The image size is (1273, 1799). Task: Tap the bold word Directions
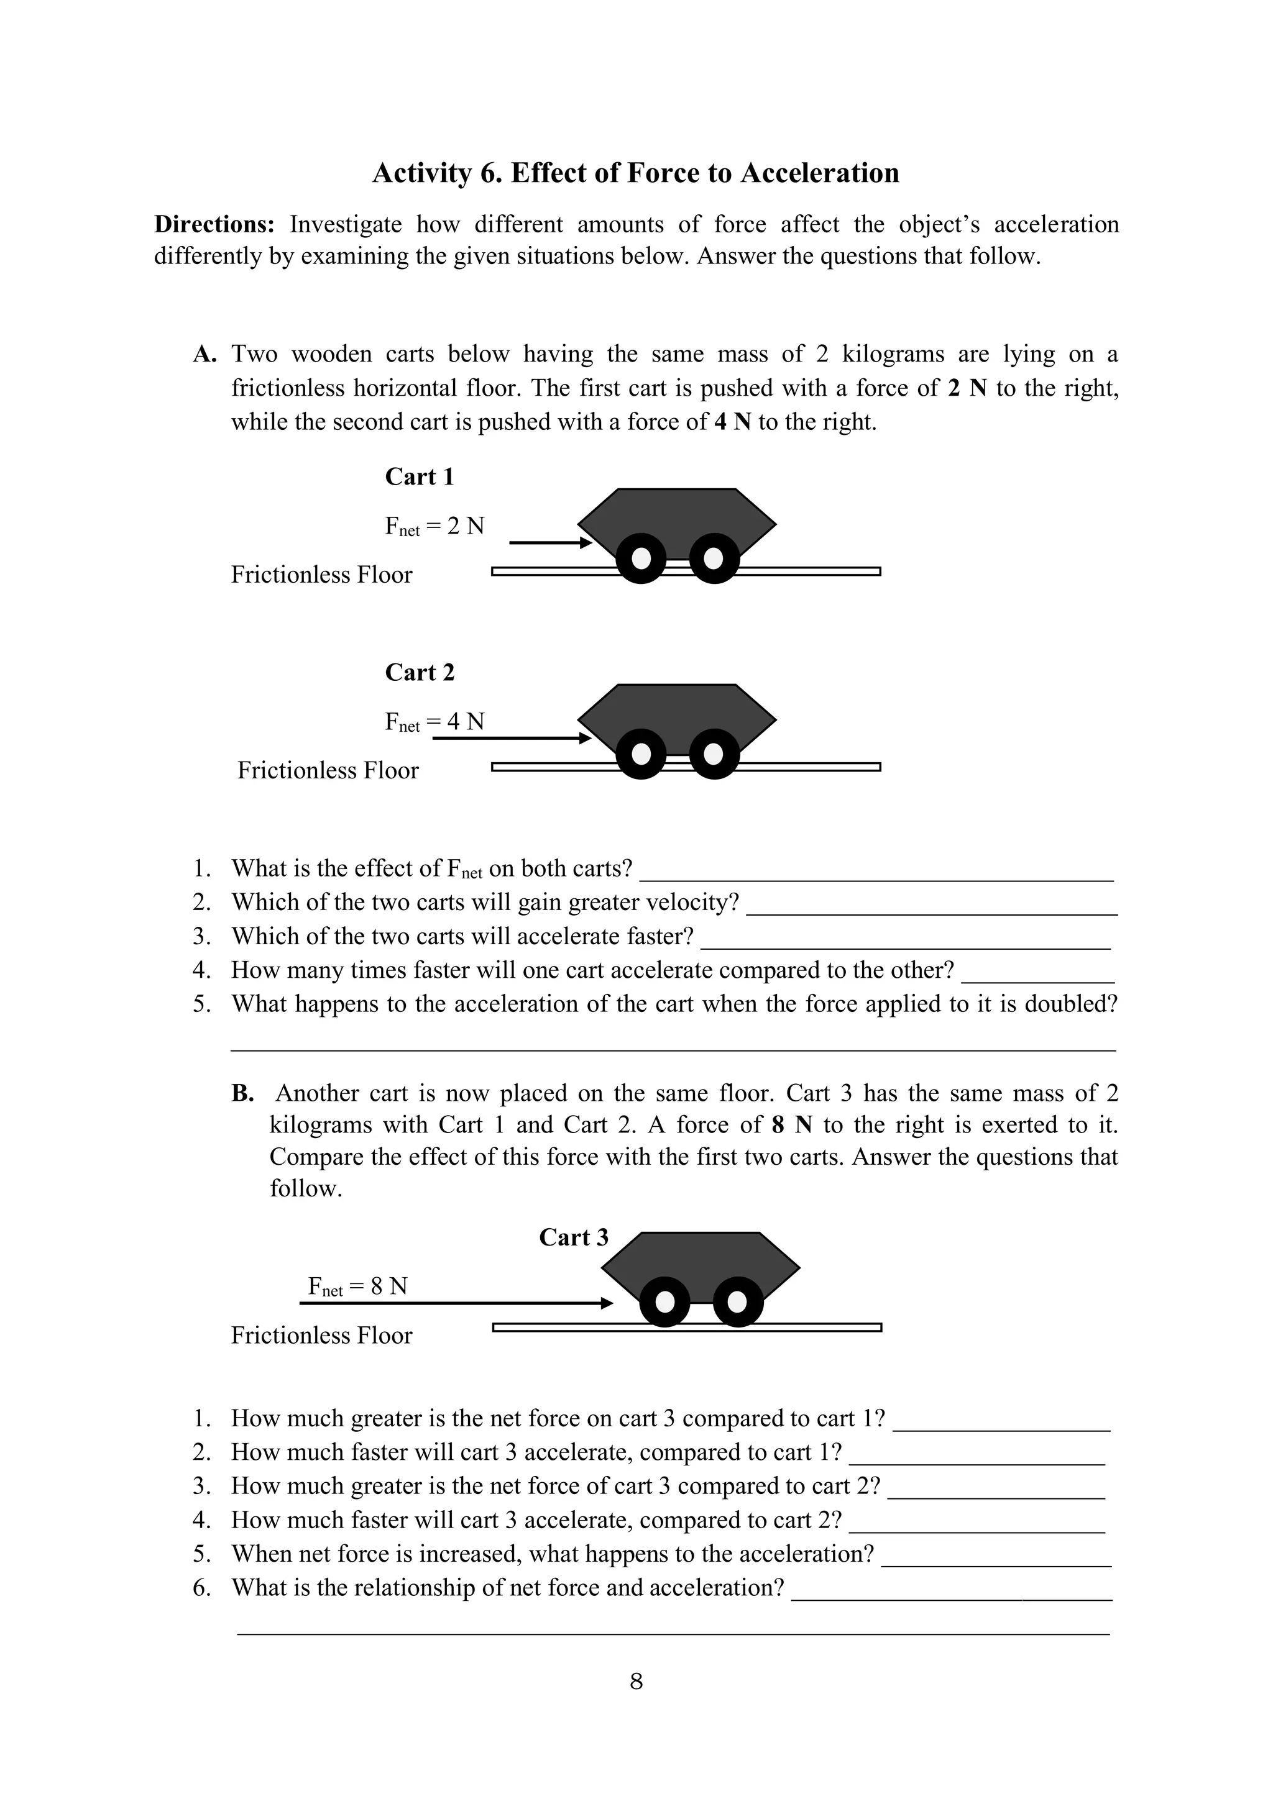click(x=214, y=225)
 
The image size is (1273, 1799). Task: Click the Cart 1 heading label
click(x=420, y=476)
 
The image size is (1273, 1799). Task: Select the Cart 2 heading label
click(x=420, y=672)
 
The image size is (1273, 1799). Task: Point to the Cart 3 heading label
click(x=573, y=1237)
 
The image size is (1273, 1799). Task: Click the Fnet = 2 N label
click(x=434, y=527)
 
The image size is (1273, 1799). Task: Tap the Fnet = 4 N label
click(x=434, y=722)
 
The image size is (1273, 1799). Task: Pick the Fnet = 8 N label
click(x=357, y=1287)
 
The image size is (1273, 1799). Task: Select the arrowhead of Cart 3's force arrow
click(x=606, y=1303)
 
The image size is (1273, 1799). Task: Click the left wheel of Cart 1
click(x=641, y=558)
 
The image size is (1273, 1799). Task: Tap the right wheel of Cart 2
click(x=714, y=754)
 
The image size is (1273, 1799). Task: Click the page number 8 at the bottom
click(x=636, y=1682)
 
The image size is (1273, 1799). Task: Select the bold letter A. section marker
click(x=205, y=354)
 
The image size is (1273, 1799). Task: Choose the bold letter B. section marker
click(x=242, y=1094)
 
